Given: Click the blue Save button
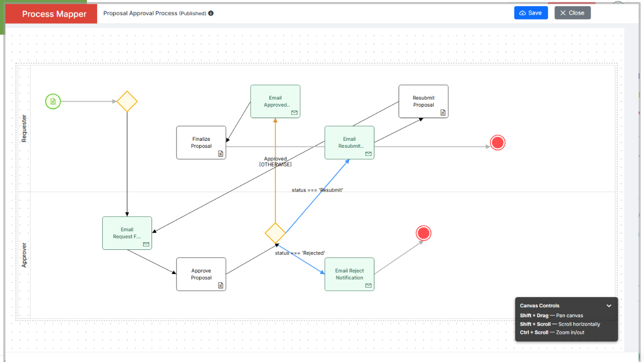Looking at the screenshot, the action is (531, 13).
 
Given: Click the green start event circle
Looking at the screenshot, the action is (53, 102).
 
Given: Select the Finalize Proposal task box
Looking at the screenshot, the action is (201, 142).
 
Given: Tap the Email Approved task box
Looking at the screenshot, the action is (275, 102).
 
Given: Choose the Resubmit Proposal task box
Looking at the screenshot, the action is (423, 102).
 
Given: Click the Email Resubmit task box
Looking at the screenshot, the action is (349, 142).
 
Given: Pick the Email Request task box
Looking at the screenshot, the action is (127, 233).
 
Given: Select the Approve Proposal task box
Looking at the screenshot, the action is (201, 274).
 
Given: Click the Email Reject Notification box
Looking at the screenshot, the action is (349, 274).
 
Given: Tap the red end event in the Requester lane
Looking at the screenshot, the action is (498, 142).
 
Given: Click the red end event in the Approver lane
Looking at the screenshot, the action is (424, 233).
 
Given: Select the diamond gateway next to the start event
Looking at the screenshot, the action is (127, 102).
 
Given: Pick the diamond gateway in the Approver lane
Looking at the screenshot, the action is (275, 233).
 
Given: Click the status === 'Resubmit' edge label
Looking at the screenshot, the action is (317, 190).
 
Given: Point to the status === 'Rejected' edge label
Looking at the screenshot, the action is (300, 253).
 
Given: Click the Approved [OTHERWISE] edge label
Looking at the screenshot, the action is (275, 161).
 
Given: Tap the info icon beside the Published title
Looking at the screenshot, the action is (211, 13).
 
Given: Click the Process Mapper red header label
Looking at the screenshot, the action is (54, 14).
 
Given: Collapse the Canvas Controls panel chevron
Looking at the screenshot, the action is (609, 306).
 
